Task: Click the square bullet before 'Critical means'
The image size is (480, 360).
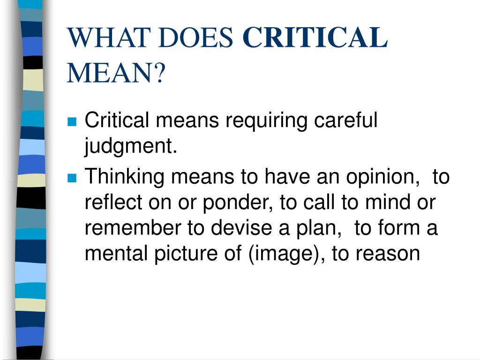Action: (x=72, y=121)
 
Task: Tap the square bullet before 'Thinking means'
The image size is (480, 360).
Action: (x=72, y=178)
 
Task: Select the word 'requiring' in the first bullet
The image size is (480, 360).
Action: (x=266, y=120)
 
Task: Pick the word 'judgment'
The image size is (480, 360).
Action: (x=128, y=146)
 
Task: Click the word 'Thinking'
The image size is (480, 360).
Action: (x=124, y=177)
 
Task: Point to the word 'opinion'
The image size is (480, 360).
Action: (x=380, y=177)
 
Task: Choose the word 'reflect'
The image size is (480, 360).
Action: (x=113, y=202)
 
